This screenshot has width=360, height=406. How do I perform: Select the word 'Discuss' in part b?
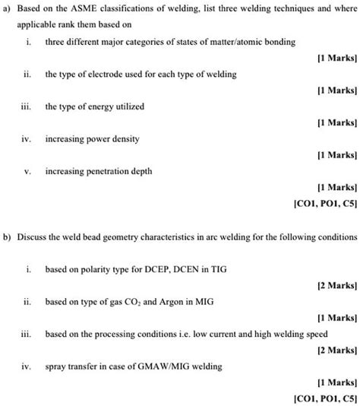click(33, 236)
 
